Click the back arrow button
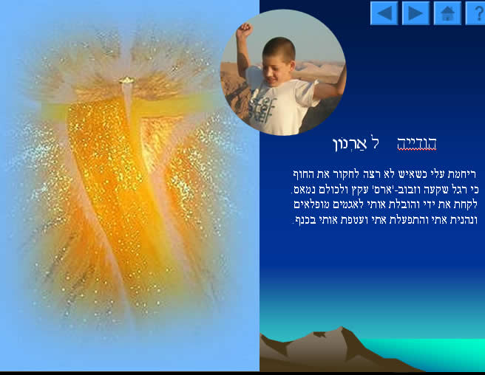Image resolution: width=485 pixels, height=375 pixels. tap(384, 13)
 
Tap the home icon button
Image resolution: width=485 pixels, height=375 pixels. tap(447, 13)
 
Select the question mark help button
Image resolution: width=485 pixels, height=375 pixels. tap(476, 13)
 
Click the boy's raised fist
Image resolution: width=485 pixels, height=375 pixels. tap(245, 30)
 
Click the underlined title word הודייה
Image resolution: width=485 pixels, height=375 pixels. tap(417, 143)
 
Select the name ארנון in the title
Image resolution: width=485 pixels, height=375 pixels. tap(350, 144)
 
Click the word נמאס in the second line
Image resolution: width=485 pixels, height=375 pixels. tap(302, 190)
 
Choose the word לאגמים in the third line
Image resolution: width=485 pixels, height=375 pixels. tap(347, 204)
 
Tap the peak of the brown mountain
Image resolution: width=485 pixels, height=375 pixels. tap(342, 328)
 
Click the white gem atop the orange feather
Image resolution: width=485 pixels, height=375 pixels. tap(126, 80)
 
